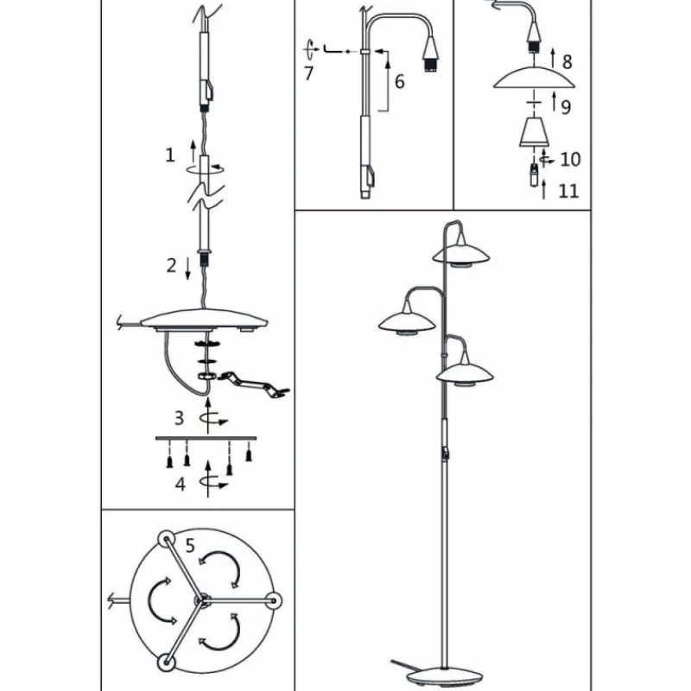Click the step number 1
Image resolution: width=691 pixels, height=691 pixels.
pyautogui.click(x=170, y=155)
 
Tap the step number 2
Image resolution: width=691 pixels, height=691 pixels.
pyautogui.click(x=171, y=265)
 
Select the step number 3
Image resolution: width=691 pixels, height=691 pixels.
pyautogui.click(x=179, y=418)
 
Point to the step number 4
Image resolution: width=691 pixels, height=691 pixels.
pyautogui.click(x=181, y=484)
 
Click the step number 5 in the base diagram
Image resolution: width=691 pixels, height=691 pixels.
pyautogui.click(x=190, y=546)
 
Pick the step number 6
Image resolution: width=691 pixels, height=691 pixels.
pyautogui.click(x=399, y=81)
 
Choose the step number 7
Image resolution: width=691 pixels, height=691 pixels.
pyautogui.click(x=309, y=73)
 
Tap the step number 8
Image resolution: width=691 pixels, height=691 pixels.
pyautogui.click(x=567, y=61)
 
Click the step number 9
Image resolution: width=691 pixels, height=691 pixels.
pyautogui.click(x=566, y=106)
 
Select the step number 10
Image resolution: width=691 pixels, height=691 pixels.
pyautogui.click(x=570, y=159)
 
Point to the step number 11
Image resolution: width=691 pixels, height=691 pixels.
pyautogui.click(x=568, y=191)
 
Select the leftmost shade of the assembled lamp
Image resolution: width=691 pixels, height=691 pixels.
pyautogui.click(x=407, y=322)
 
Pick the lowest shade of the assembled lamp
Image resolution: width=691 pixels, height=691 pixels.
pyautogui.click(x=465, y=373)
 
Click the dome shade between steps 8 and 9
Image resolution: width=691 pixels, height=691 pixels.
pyautogui.click(x=534, y=78)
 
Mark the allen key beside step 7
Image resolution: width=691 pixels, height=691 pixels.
pyautogui.click(x=333, y=49)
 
